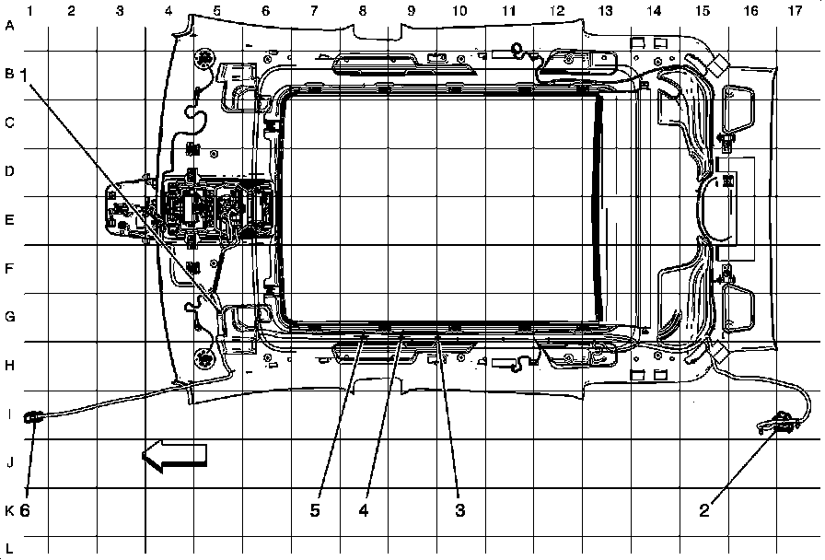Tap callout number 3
(x=457, y=509)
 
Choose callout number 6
(x=25, y=509)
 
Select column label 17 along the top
(x=795, y=10)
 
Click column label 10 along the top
(x=459, y=10)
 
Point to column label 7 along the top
(x=313, y=10)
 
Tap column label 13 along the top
(x=605, y=10)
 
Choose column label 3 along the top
(x=120, y=10)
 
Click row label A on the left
(x=10, y=26)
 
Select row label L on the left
(x=10, y=547)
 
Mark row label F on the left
(x=10, y=269)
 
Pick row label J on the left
(x=10, y=462)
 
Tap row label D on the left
(x=10, y=171)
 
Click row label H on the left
(x=10, y=366)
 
